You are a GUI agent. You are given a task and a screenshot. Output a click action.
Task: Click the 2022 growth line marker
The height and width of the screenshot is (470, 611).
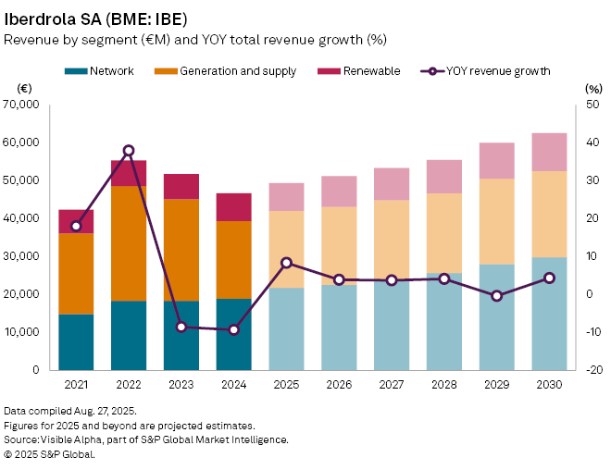[129, 150]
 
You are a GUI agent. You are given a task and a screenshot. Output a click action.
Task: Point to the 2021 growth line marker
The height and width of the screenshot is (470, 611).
[76, 226]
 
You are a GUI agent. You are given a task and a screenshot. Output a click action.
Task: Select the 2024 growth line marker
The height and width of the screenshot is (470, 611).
[234, 329]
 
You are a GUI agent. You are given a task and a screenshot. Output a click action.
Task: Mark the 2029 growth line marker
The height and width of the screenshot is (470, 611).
[497, 295]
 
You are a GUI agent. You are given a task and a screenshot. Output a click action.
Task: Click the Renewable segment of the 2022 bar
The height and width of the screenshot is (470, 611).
[129, 173]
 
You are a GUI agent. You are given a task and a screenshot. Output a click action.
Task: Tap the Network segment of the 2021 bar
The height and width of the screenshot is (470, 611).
[76, 341]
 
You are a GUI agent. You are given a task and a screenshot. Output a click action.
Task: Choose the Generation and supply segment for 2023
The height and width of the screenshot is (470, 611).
[181, 250]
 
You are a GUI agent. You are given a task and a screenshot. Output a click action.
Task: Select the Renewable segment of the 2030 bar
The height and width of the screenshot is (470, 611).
[550, 152]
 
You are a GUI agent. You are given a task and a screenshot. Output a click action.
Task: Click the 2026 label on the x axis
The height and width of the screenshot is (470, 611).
[339, 381]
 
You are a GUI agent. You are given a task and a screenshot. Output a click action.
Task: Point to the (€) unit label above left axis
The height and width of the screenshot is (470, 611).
[26, 88]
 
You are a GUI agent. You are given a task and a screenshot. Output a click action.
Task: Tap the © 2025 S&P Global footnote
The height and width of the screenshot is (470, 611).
[49, 454]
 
